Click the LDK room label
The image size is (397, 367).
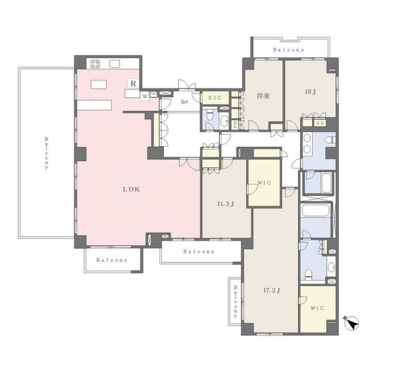132,189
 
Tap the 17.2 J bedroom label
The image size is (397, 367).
272,290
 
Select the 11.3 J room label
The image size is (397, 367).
226,204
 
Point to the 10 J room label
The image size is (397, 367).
310,92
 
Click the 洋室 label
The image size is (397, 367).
263,96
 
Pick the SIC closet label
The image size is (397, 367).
215,98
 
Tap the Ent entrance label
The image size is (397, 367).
185,102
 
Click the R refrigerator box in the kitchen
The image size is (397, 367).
133,83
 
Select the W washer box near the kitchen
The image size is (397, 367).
145,96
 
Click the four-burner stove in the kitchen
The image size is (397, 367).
96,64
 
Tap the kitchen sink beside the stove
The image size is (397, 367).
114,64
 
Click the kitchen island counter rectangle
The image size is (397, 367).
99,84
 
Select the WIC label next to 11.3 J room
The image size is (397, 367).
264,183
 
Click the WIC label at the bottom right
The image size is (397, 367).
317,308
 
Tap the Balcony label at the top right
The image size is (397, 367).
289,50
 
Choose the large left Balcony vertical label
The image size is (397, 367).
47,153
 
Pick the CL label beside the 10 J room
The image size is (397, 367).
320,123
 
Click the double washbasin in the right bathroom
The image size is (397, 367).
307,143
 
